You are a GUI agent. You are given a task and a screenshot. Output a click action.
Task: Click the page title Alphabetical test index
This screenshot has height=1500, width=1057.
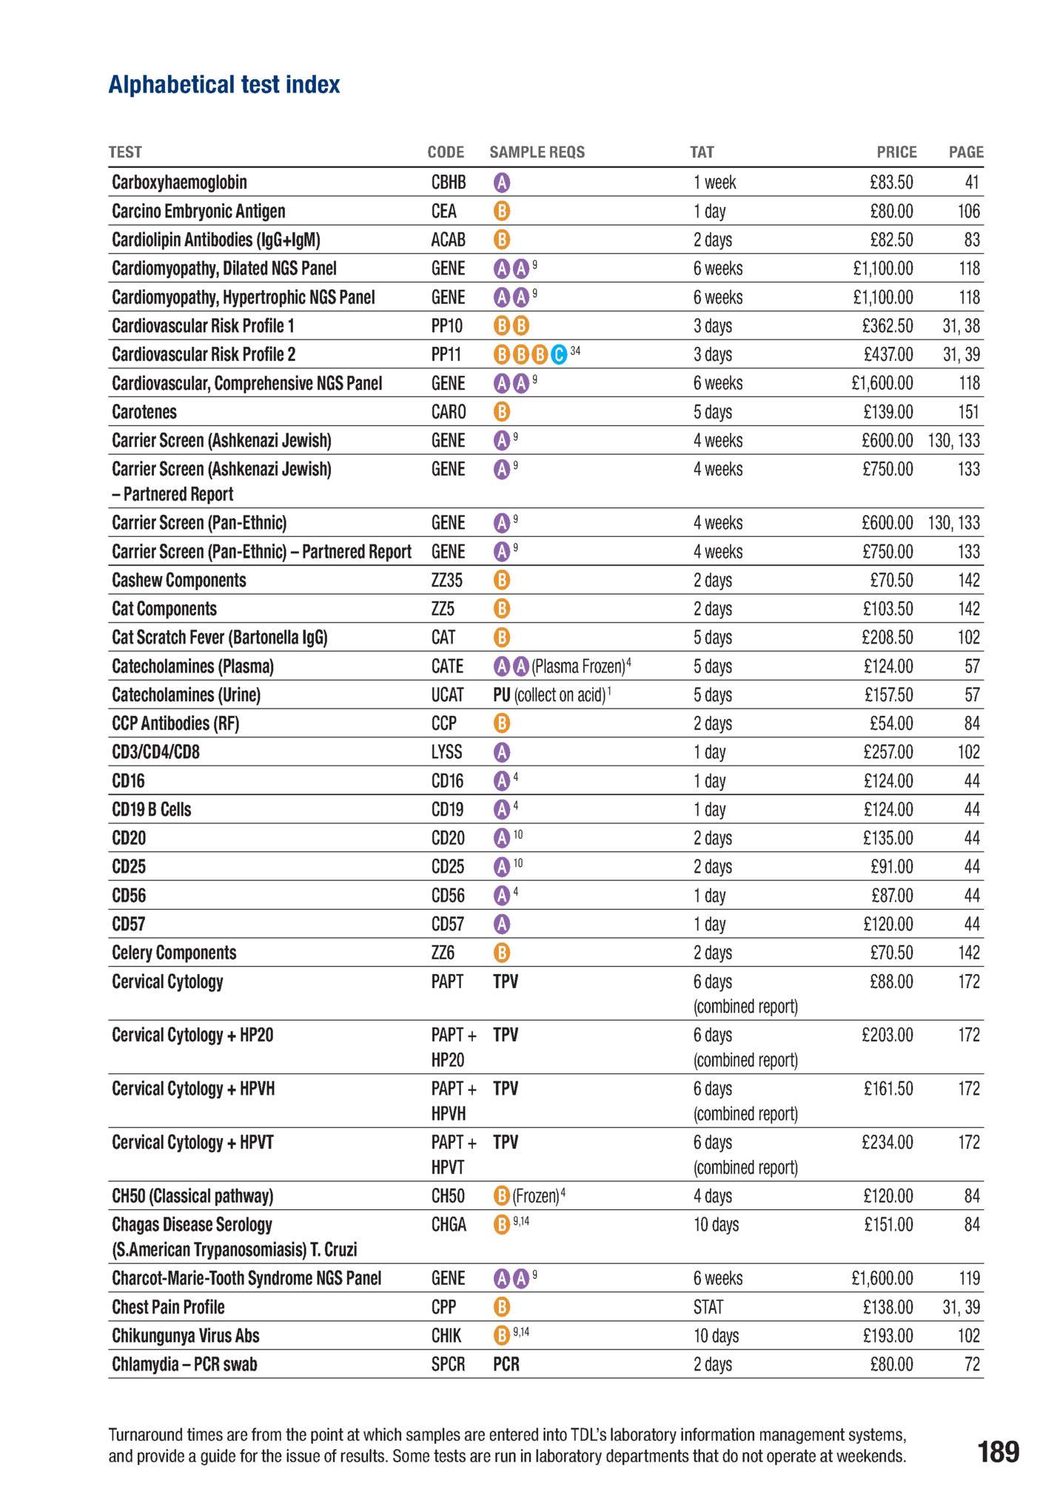(x=224, y=85)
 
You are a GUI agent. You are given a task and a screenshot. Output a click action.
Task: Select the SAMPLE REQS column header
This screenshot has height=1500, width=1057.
(x=537, y=152)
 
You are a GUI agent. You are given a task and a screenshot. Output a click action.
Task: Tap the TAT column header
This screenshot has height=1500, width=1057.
(x=702, y=152)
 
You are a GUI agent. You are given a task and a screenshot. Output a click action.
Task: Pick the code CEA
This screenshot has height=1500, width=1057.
(x=443, y=212)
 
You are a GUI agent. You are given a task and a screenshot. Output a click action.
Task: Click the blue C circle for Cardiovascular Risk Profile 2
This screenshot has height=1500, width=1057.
(x=559, y=355)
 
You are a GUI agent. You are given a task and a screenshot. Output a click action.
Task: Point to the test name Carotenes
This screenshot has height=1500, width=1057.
(x=144, y=412)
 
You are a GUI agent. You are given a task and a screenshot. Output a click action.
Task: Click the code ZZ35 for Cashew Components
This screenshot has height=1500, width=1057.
(x=446, y=581)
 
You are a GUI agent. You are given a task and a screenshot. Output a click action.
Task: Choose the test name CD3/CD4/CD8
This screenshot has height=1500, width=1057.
(x=155, y=752)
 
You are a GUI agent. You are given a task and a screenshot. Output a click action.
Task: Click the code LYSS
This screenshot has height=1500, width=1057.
(x=446, y=752)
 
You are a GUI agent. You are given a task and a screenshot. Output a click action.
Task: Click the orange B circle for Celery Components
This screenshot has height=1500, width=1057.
(x=501, y=953)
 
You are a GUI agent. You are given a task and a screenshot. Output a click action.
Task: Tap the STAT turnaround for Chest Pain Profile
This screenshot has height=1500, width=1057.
(x=708, y=1307)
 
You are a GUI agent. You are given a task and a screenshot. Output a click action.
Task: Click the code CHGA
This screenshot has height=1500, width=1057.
(x=449, y=1225)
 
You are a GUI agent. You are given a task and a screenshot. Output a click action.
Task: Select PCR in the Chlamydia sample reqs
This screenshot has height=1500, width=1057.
(x=506, y=1365)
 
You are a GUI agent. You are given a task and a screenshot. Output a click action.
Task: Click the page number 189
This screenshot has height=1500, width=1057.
(x=998, y=1452)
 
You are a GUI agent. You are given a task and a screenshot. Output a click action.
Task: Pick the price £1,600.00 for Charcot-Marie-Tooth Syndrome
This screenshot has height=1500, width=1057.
(x=882, y=1278)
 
